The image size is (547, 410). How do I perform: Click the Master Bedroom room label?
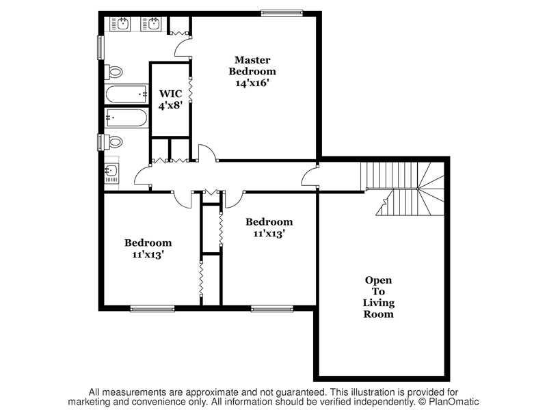(x=252, y=66)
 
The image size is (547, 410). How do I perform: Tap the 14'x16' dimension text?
(x=252, y=83)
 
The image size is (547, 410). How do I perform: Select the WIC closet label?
(x=170, y=94)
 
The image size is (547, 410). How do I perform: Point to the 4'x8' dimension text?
(x=170, y=105)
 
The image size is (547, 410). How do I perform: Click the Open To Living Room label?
(x=379, y=297)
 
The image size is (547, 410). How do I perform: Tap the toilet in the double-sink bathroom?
(x=114, y=72)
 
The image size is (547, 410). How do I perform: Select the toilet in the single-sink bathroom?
(x=114, y=142)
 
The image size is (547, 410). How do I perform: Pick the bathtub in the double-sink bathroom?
(x=126, y=94)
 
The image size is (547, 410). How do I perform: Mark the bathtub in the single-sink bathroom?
(x=126, y=118)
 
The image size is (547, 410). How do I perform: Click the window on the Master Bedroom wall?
(x=282, y=13)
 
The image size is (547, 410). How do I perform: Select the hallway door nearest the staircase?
(x=310, y=177)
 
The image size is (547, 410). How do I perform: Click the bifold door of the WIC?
(x=191, y=90)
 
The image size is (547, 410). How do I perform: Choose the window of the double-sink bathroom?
(x=101, y=48)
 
